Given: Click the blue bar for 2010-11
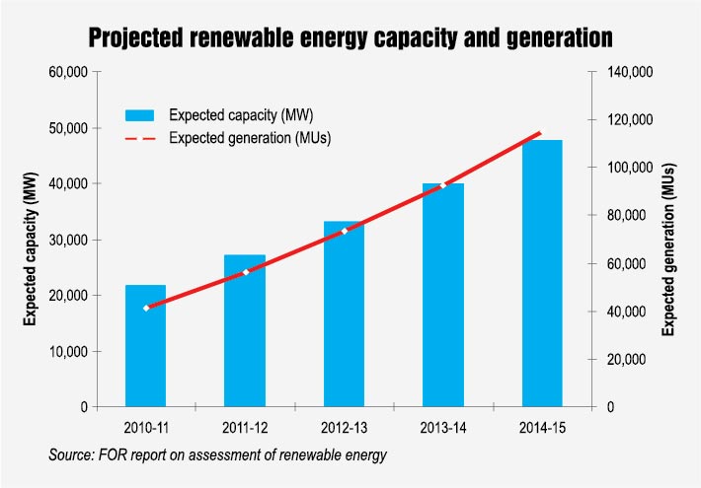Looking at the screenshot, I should coord(146,346).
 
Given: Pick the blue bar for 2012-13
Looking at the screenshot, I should coord(344,314).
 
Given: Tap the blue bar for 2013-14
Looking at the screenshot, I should coord(442,295).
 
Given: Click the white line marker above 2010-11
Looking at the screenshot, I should coord(146,309).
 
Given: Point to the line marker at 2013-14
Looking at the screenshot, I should coord(442,185).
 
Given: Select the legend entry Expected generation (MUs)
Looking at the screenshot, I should coord(249,138).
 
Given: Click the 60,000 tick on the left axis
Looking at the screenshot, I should coord(69,72).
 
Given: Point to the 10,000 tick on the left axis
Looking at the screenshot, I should coord(69,352).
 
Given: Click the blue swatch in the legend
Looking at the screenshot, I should coord(139,114).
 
